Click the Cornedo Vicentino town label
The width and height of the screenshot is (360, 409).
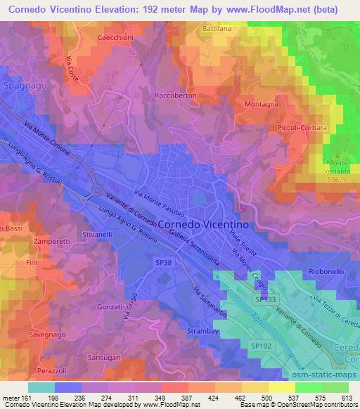[x=203, y=223]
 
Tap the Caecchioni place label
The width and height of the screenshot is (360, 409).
[x=116, y=37]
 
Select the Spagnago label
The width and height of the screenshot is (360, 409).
[x=25, y=83]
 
